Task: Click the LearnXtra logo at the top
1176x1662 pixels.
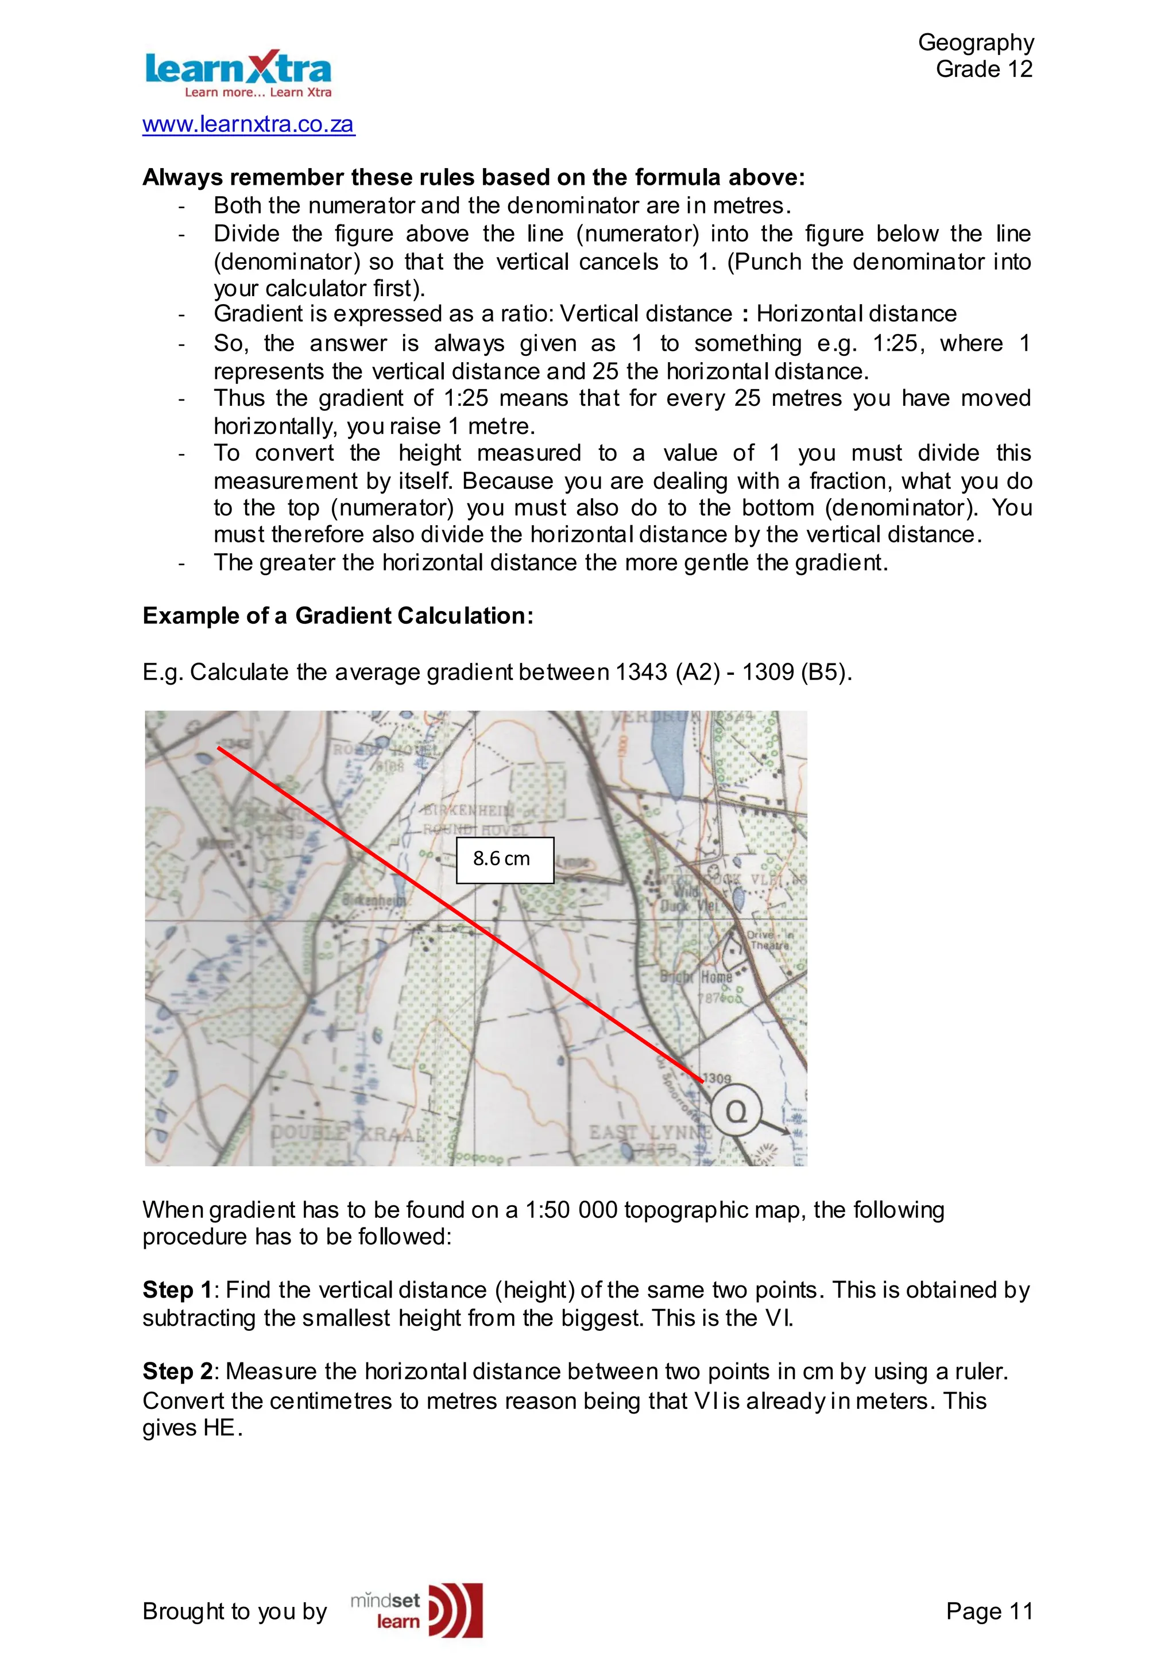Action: pyautogui.click(x=238, y=73)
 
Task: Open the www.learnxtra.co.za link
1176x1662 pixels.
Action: pyautogui.click(x=249, y=124)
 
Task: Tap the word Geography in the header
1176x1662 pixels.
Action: pyautogui.click(x=976, y=42)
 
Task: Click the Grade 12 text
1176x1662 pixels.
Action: pyautogui.click(x=984, y=69)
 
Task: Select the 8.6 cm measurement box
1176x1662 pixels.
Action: pyautogui.click(x=504, y=859)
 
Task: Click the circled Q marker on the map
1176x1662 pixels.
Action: pyautogui.click(x=736, y=1111)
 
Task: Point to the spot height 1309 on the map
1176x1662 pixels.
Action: pyautogui.click(x=717, y=1078)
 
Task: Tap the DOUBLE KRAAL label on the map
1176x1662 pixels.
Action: pyautogui.click(x=347, y=1133)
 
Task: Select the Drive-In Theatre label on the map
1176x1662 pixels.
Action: pyautogui.click(x=769, y=939)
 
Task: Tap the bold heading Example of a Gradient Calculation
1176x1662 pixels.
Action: pyautogui.click(x=338, y=616)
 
